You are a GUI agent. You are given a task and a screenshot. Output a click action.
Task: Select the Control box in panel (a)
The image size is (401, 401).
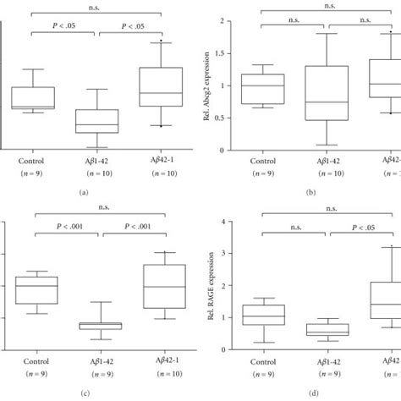[33, 97]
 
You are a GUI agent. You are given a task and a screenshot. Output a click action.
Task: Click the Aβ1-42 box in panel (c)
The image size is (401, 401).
[99, 326]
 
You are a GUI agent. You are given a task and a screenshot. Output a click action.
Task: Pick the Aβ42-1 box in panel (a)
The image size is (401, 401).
[161, 86]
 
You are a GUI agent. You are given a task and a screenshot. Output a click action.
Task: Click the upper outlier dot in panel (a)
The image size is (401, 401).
[161, 41]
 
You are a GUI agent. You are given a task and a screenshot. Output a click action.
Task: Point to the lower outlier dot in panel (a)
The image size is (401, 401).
[161, 126]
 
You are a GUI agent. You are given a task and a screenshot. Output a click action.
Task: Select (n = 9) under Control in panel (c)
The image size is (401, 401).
[33, 372]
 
